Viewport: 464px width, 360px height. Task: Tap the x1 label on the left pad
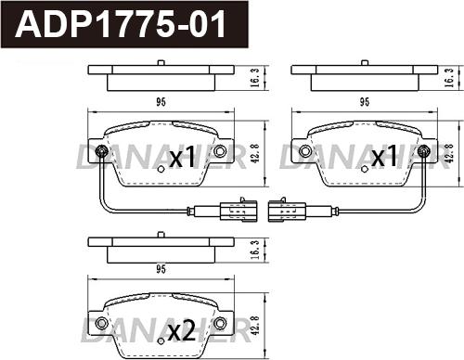[181, 158]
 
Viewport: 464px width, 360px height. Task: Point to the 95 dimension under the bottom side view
[161, 270]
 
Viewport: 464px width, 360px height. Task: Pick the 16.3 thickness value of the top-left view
[253, 81]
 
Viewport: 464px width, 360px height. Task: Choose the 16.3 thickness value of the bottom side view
[253, 247]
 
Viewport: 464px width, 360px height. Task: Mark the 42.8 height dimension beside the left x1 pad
[253, 149]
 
